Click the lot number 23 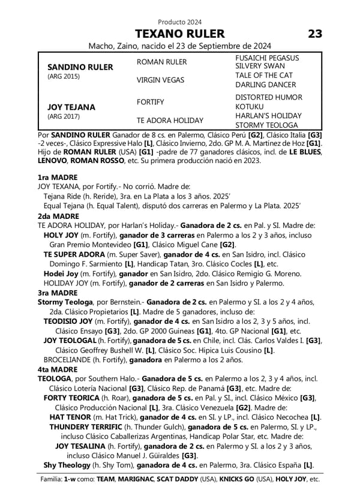tap(315, 34)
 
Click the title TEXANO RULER tap(179, 34)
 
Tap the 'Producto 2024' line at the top tap(179, 22)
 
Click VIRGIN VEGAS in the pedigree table tap(160, 80)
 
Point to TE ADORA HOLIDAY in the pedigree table tap(170, 120)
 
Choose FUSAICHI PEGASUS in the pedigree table tap(267, 57)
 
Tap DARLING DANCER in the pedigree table tap(265, 85)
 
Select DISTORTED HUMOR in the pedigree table tap(268, 97)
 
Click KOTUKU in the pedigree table tap(249, 106)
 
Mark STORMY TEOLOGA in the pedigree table tap(266, 125)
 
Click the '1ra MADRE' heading tap(57, 178)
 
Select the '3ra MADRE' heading tap(57, 292)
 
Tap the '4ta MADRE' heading tap(57, 370)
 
